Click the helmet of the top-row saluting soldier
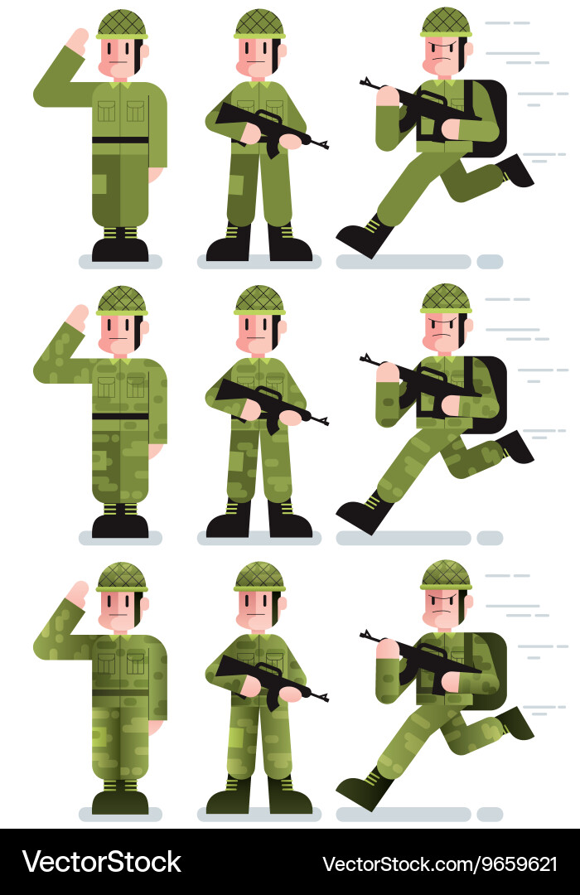(x=122, y=24)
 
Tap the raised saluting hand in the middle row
(x=78, y=317)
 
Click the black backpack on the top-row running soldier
(x=489, y=116)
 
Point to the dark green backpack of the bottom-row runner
(x=491, y=670)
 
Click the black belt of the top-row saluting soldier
(x=120, y=140)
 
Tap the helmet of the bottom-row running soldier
(x=446, y=574)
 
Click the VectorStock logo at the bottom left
(x=101, y=862)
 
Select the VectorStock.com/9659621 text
(x=439, y=864)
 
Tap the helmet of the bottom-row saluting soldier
(x=122, y=578)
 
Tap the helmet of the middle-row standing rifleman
(x=259, y=300)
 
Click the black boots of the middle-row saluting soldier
(x=120, y=525)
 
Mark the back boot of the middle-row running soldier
(x=515, y=447)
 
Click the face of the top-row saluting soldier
(x=120, y=58)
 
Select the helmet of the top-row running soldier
(x=446, y=22)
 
